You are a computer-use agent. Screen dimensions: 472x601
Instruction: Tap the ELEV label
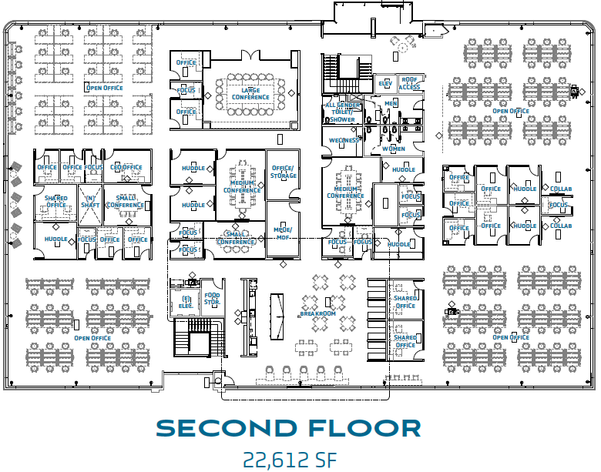pyautogui.click(x=384, y=83)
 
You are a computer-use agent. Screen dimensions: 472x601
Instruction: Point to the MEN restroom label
pyautogui.click(x=391, y=103)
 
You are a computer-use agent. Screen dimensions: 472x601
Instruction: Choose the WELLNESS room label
pyautogui.click(x=343, y=140)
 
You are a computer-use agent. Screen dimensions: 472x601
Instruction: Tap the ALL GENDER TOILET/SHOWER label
pyautogui.click(x=342, y=112)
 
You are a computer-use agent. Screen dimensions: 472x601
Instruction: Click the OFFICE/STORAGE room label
pyautogui.click(x=283, y=172)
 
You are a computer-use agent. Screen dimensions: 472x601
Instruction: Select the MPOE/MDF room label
pyautogui.click(x=283, y=230)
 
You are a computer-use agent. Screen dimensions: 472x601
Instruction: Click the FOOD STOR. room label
pyautogui.click(x=212, y=299)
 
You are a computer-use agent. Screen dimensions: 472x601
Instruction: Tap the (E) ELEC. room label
pyautogui.click(x=186, y=302)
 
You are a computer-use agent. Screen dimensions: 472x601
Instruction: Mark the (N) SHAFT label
pyautogui.click(x=90, y=201)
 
